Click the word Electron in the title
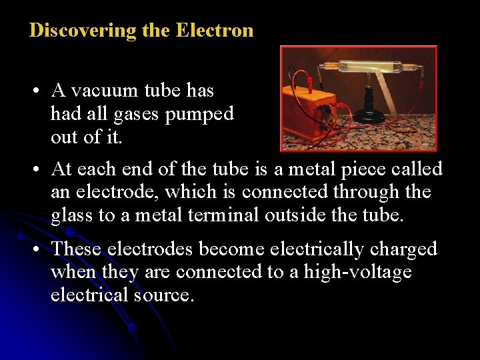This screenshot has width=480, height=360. pyautogui.click(x=215, y=31)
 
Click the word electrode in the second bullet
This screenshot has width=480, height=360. pyautogui.click(x=115, y=193)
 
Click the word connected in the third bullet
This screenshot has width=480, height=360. pyautogui.click(x=179, y=272)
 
